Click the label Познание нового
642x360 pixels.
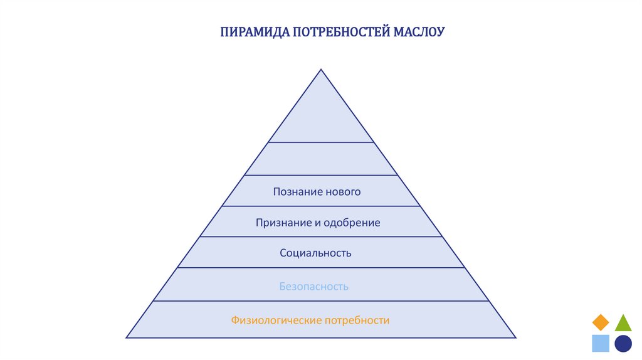317,191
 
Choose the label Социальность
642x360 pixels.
315,253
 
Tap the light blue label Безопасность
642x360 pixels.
313,287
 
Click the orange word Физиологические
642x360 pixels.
276,320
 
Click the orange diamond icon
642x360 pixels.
601,322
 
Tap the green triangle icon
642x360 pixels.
623,323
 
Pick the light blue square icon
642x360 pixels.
601,343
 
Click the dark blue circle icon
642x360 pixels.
623,343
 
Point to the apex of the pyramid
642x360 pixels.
321,70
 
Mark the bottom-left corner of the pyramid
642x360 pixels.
127,338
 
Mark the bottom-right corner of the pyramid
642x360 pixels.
516,338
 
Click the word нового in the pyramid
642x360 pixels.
343,191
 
